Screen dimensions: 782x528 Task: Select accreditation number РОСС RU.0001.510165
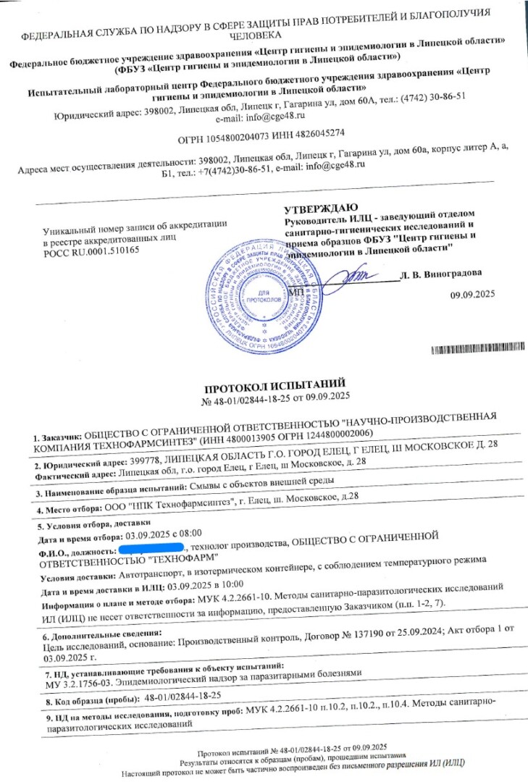point(90,248)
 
